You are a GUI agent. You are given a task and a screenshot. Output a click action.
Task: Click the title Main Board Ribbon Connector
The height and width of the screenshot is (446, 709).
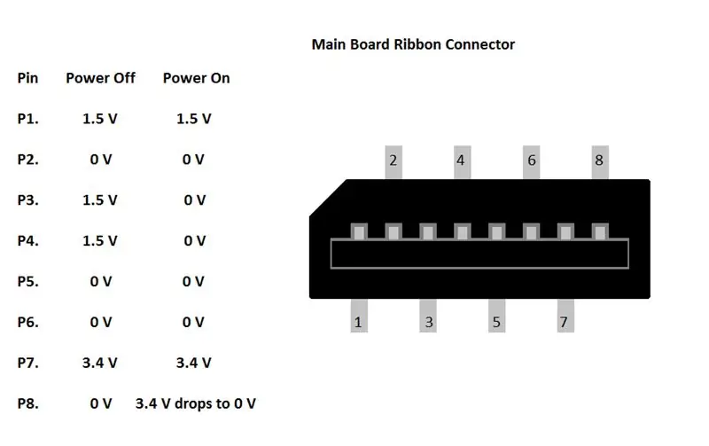[x=413, y=44]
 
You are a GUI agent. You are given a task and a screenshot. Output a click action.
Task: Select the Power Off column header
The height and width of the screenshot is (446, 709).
[x=100, y=78]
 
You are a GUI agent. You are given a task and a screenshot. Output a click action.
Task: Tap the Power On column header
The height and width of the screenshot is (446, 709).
[x=196, y=78]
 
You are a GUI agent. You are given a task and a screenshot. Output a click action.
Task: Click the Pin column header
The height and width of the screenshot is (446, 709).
[x=27, y=78]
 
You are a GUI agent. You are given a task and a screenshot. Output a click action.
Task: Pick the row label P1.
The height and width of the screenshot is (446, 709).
[x=28, y=119]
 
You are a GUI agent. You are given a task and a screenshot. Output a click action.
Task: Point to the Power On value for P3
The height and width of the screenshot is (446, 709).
[x=194, y=200]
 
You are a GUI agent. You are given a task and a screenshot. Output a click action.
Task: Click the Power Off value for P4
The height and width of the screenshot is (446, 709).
[x=100, y=240]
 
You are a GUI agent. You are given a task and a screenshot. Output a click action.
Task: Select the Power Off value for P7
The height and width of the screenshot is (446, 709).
[x=100, y=363]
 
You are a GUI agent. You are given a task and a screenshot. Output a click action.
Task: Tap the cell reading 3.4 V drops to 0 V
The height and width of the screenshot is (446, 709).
[x=196, y=403]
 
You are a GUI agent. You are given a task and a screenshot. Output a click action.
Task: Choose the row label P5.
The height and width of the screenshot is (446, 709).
[x=28, y=281]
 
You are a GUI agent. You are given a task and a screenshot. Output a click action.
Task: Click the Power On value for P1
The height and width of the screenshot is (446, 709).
[x=193, y=119]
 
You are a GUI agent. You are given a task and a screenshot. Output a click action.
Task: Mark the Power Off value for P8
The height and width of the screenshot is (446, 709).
[x=101, y=403]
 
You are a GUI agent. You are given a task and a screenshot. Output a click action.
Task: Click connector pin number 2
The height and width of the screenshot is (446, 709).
[x=393, y=160]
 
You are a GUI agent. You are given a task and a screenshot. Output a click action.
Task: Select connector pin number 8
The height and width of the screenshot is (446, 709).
[x=600, y=160]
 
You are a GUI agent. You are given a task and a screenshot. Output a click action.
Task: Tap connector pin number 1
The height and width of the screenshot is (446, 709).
[x=359, y=322]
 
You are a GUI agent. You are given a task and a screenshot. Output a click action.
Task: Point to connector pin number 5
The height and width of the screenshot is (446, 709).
[x=496, y=322]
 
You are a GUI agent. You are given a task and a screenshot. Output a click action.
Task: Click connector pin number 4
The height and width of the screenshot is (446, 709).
[x=462, y=160]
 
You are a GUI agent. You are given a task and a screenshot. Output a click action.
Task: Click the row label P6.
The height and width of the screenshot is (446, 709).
[x=28, y=322]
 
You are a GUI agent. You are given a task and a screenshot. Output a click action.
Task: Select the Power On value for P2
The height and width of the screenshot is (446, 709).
[x=193, y=160]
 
